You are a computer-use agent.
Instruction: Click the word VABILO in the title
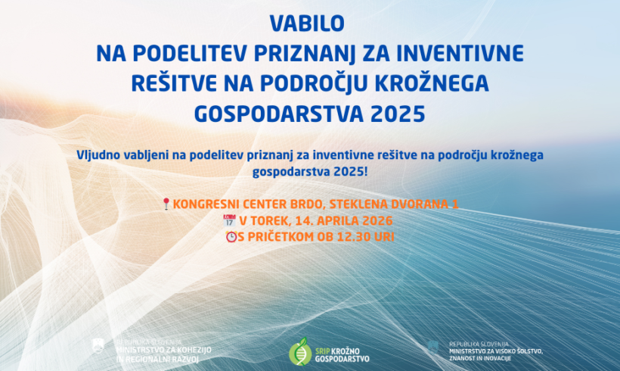(309, 24)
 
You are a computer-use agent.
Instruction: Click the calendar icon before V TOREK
(230, 220)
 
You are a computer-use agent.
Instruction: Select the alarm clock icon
(231, 237)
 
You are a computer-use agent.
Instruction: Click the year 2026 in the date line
(376, 220)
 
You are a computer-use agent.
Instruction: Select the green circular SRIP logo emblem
(300, 351)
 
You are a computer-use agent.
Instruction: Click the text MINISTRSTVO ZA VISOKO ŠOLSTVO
(494, 351)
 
